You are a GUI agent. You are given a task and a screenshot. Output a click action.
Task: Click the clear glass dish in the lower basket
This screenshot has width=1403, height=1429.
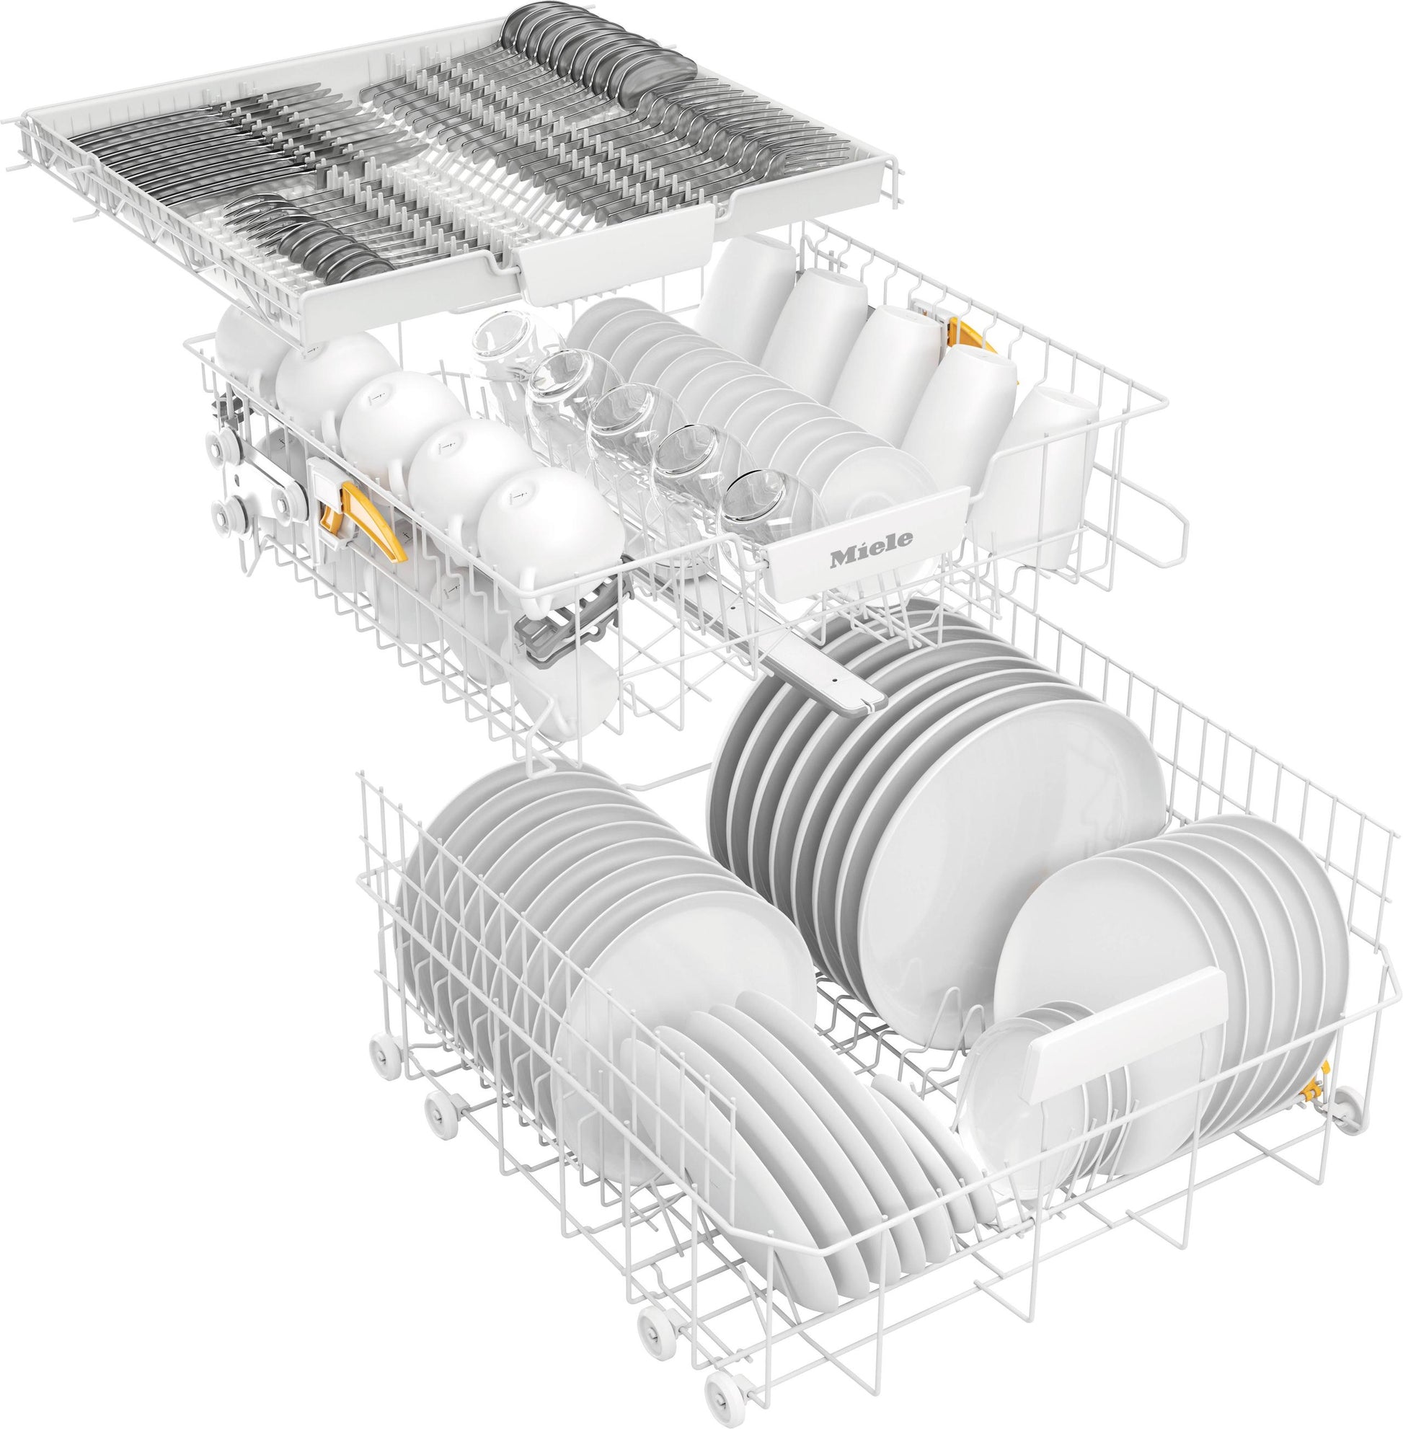1009,1091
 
